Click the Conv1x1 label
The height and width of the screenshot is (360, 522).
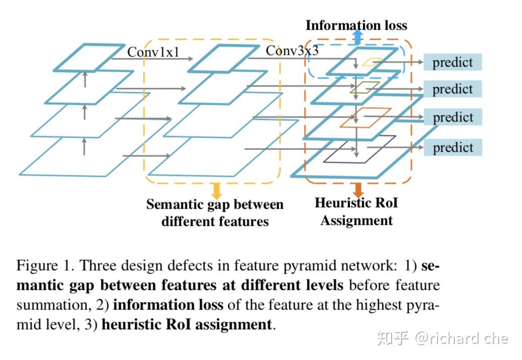pyautogui.click(x=153, y=52)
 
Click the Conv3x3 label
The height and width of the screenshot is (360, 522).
pyautogui.click(x=292, y=50)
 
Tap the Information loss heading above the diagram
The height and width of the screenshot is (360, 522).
pyautogui.click(x=356, y=25)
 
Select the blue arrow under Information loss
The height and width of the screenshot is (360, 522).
pyautogui.click(x=357, y=37)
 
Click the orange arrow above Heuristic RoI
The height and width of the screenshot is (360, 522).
pyautogui.click(x=358, y=190)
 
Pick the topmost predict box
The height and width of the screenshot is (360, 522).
pyautogui.click(x=452, y=63)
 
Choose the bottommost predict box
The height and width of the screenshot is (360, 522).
pyautogui.click(x=452, y=147)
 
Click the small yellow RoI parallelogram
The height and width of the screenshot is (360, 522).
pyautogui.click(x=372, y=62)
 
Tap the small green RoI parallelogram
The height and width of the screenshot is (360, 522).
pyautogui.click(x=365, y=88)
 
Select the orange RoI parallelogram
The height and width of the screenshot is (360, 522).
pyautogui.click(x=365, y=117)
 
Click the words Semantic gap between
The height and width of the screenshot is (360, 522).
pyautogui.click(x=215, y=205)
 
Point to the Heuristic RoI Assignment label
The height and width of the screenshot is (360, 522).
pyautogui.click(x=356, y=212)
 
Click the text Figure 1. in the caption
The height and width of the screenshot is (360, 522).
pyautogui.click(x=45, y=266)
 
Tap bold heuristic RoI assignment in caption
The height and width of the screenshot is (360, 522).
pyautogui.click(x=186, y=324)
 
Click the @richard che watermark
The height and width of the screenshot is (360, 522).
pyautogui.click(x=461, y=338)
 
